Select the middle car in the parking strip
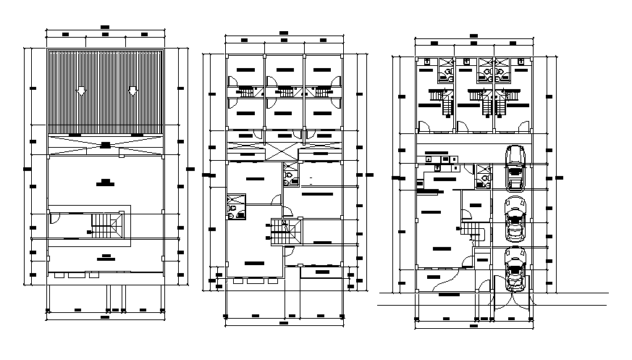515,217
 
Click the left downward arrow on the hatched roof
81,91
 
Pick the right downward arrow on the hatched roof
132,91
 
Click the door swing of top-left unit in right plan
424,125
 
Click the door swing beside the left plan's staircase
54,217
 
